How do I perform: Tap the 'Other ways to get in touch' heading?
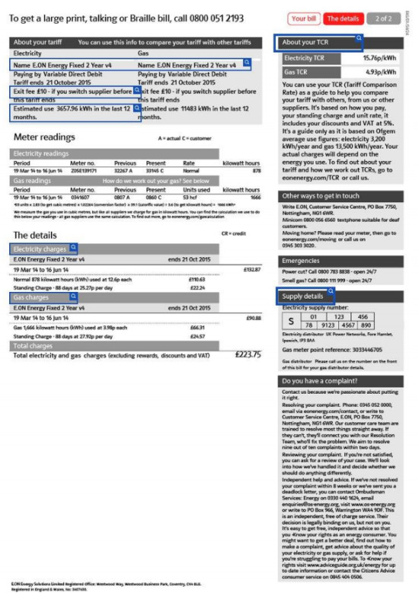[x=323, y=195]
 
